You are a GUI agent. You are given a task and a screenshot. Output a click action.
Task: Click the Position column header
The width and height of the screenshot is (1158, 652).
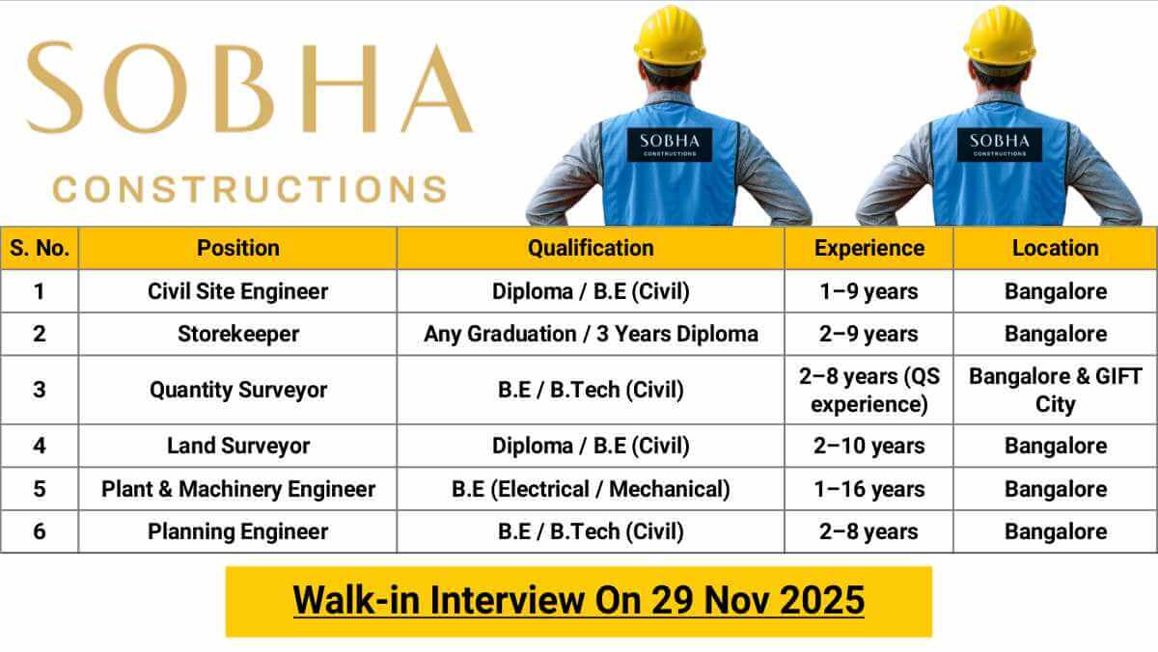[x=237, y=248]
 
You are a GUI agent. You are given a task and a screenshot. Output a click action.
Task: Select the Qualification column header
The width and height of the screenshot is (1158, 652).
[x=590, y=248]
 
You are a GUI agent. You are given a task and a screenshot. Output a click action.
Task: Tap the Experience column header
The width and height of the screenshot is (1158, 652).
[x=868, y=248]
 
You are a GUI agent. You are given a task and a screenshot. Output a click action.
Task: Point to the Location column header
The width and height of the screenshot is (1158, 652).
[x=1055, y=248]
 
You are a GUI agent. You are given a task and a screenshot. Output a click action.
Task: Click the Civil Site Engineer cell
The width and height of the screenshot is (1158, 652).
[x=237, y=291]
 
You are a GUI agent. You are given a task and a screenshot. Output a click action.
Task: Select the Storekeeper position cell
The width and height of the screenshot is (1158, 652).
[x=237, y=334]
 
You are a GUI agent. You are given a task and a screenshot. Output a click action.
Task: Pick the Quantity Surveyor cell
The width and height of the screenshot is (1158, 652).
[x=237, y=390]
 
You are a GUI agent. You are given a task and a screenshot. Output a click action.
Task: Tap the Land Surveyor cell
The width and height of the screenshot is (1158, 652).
[x=237, y=446]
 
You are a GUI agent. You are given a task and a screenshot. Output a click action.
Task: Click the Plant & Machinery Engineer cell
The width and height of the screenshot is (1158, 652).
[x=237, y=489]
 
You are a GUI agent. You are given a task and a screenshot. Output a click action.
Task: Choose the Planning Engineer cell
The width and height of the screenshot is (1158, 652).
[x=237, y=531]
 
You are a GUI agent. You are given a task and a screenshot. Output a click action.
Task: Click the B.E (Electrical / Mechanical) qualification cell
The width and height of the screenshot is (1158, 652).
[x=590, y=489]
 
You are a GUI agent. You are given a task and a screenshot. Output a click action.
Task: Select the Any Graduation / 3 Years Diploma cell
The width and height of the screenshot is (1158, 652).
[x=590, y=334]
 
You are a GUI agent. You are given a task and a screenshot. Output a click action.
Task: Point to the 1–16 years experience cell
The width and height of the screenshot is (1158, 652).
[x=868, y=489]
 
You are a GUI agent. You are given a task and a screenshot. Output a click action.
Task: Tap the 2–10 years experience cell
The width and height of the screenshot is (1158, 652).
[x=868, y=446]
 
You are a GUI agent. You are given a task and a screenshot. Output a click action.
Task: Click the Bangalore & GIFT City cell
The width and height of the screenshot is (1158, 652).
[x=1055, y=390]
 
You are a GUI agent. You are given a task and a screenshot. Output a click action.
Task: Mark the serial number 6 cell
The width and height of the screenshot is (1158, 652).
[x=40, y=531]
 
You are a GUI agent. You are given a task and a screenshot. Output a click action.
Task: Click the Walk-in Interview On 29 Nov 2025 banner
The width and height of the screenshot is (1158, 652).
[x=578, y=601]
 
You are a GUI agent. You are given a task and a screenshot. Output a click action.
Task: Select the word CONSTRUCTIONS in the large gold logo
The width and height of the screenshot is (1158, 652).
[x=250, y=188]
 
